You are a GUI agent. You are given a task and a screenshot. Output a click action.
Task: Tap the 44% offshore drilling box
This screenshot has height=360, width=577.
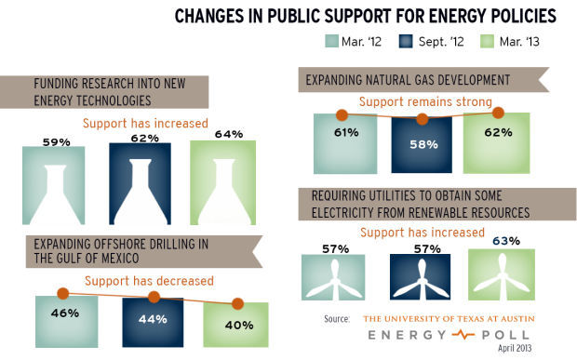click(x=154, y=321)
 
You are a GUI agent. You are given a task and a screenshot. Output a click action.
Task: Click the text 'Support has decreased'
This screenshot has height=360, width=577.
click(x=150, y=280)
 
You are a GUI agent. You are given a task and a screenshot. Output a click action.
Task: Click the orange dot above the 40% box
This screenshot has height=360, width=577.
click(x=239, y=303)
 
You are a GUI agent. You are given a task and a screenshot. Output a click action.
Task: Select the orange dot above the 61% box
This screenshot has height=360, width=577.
click(x=342, y=114)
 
